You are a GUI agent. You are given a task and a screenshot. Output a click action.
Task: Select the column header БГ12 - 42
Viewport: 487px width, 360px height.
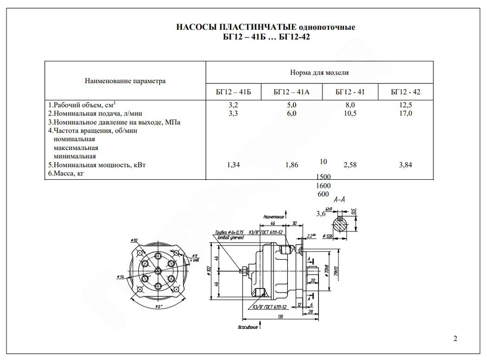point(405,92)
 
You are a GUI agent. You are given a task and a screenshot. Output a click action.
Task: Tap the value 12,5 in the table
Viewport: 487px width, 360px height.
point(405,105)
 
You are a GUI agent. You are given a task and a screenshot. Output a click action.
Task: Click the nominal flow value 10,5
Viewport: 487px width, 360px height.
point(350,113)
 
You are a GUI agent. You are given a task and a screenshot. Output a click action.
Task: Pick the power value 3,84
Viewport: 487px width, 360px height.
point(405,165)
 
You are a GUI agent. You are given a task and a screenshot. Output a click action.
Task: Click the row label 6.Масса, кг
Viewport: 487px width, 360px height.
point(63,173)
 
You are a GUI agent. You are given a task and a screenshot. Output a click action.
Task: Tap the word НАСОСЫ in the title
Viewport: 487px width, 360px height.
point(196,27)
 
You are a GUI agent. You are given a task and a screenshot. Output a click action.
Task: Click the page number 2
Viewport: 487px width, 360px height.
point(455,339)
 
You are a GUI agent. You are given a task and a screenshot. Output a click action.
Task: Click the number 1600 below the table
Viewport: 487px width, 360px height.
point(323,186)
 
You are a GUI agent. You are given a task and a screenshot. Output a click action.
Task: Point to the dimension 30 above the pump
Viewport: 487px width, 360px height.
point(295,223)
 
